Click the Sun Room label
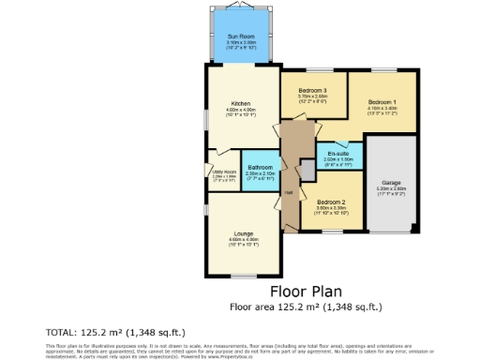(240, 37)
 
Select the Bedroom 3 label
(312, 89)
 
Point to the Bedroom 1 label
(382, 101)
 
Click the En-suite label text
(338, 153)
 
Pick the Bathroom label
(260, 166)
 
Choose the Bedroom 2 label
(331, 202)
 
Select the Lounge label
(244, 232)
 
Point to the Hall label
(289, 193)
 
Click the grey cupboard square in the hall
(307, 169)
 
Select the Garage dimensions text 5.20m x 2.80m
(391, 190)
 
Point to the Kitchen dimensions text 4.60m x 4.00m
(241, 112)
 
